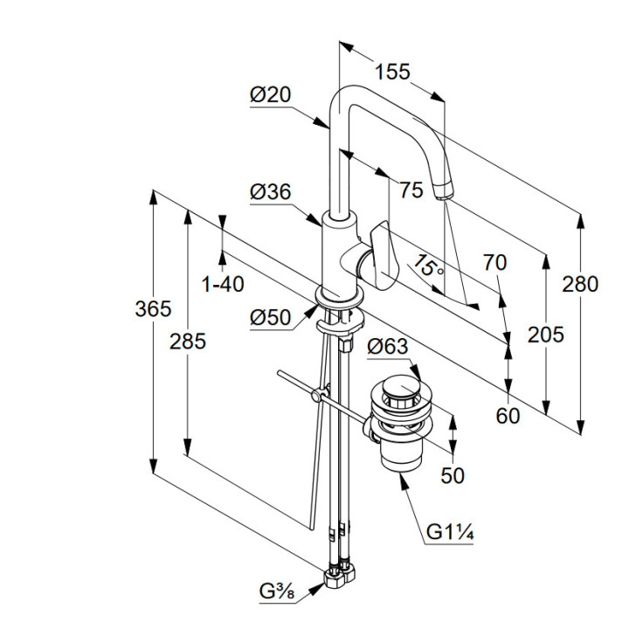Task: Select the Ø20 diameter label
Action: click(x=270, y=96)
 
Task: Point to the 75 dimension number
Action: click(x=410, y=190)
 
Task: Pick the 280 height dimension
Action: click(x=580, y=284)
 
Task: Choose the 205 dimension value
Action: click(x=545, y=334)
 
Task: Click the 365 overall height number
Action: click(x=154, y=308)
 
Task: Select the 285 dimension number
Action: click(x=188, y=341)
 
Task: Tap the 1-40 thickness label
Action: click(x=222, y=284)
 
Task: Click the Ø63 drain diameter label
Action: click(x=387, y=347)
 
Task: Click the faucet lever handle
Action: click(x=382, y=253)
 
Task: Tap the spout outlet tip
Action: click(x=444, y=190)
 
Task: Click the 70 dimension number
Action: click(x=495, y=262)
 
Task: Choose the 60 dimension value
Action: click(x=508, y=415)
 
